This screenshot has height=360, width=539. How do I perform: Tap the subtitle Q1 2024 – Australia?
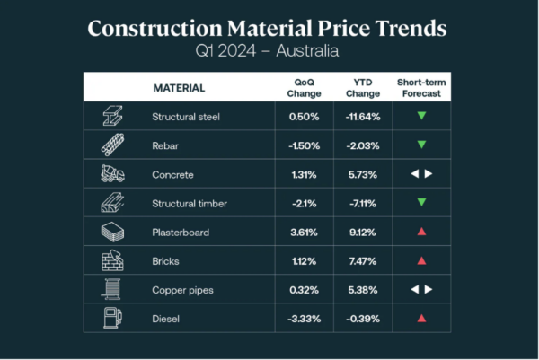268,51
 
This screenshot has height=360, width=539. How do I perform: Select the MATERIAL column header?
179,88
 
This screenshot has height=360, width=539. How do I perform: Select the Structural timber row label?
190,203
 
